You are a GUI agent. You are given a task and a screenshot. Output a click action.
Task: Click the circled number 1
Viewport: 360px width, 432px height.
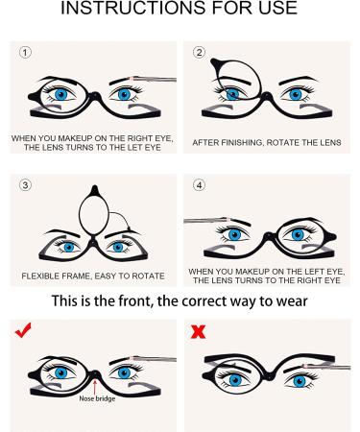pos(25,53)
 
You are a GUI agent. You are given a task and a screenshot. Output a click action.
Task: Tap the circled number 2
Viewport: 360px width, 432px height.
pos(199,53)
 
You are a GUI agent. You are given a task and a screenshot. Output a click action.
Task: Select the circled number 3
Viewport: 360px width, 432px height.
pos(25,185)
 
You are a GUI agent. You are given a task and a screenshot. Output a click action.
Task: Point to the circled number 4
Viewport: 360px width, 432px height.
pos(199,185)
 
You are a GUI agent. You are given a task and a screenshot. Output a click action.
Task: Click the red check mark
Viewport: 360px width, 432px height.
pos(23,330)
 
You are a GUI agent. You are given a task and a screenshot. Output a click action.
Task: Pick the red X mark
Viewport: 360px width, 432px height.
pos(198,332)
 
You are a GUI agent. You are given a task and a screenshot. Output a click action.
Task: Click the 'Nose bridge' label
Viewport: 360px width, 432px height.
pos(97,398)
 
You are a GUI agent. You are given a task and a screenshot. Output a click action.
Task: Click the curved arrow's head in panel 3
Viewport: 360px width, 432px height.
pos(130,228)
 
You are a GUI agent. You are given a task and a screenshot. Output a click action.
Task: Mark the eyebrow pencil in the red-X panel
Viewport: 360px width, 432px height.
pos(326,367)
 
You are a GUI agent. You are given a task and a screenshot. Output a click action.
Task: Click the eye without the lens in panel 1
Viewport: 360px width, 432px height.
pos(125,94)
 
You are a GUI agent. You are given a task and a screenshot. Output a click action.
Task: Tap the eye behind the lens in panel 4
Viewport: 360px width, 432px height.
pos(298,234)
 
